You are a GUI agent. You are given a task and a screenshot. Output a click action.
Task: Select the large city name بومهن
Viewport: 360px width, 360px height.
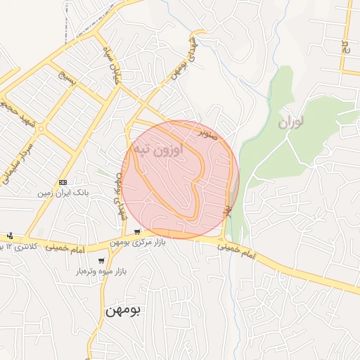point(123,309)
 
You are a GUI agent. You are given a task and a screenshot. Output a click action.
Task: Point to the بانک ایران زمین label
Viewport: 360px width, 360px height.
point(63,191)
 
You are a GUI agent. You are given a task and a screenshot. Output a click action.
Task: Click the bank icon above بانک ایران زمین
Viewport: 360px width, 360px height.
point(63,181)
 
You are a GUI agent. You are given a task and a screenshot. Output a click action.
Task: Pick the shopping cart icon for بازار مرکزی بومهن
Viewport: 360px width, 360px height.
point(137,232)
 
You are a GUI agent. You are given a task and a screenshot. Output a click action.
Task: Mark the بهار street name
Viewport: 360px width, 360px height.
point(228,210)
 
